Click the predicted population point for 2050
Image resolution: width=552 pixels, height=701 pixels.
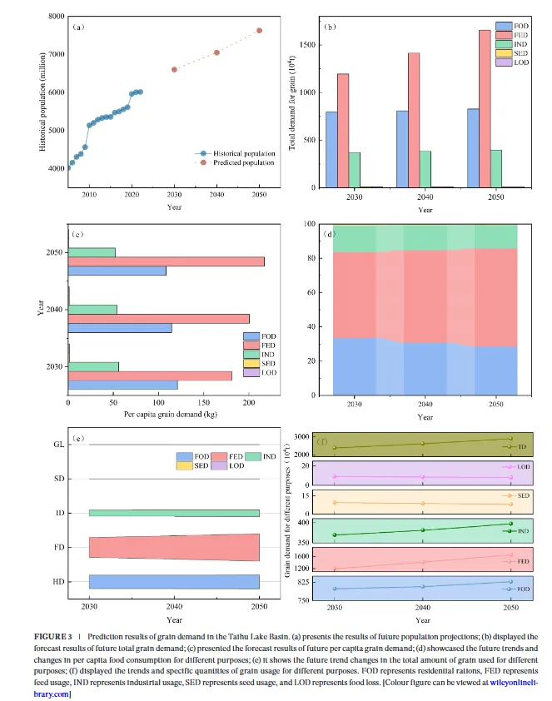pyautogui.click(x=259, y=30)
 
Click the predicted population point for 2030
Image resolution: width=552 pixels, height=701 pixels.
pyautogui.click(x=174, y=69)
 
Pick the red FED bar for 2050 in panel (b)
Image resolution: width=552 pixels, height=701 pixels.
pyautogui.click(x=484, y=108)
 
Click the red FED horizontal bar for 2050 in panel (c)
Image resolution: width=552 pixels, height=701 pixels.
pyautogui.click(x=166, y=261)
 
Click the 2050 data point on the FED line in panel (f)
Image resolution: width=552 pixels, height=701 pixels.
pyautogui.click(x=510, y=554)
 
